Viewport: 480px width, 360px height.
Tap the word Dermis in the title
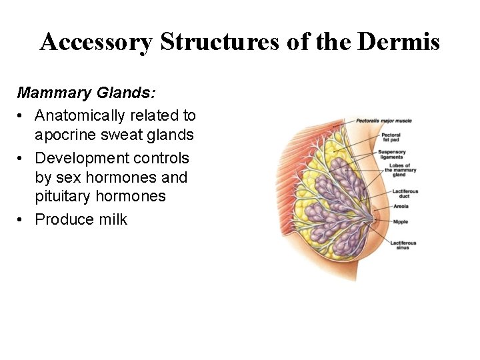tap(399, 42)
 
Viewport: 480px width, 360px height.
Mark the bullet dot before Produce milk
tap(22, 219)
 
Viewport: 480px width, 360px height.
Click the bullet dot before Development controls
tap(22, 158)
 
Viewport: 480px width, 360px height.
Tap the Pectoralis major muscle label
tap(383, 121)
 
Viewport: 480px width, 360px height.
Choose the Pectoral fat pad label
tap(391, 138)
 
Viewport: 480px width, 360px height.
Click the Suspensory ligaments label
tap(391, 154)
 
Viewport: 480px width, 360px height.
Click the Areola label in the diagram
tap(400, 207)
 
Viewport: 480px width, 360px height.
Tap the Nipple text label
tap(400, 221)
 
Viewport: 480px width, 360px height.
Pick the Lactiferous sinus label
tap(403, 245)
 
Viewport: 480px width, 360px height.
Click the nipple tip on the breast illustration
tap(379, 217)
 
